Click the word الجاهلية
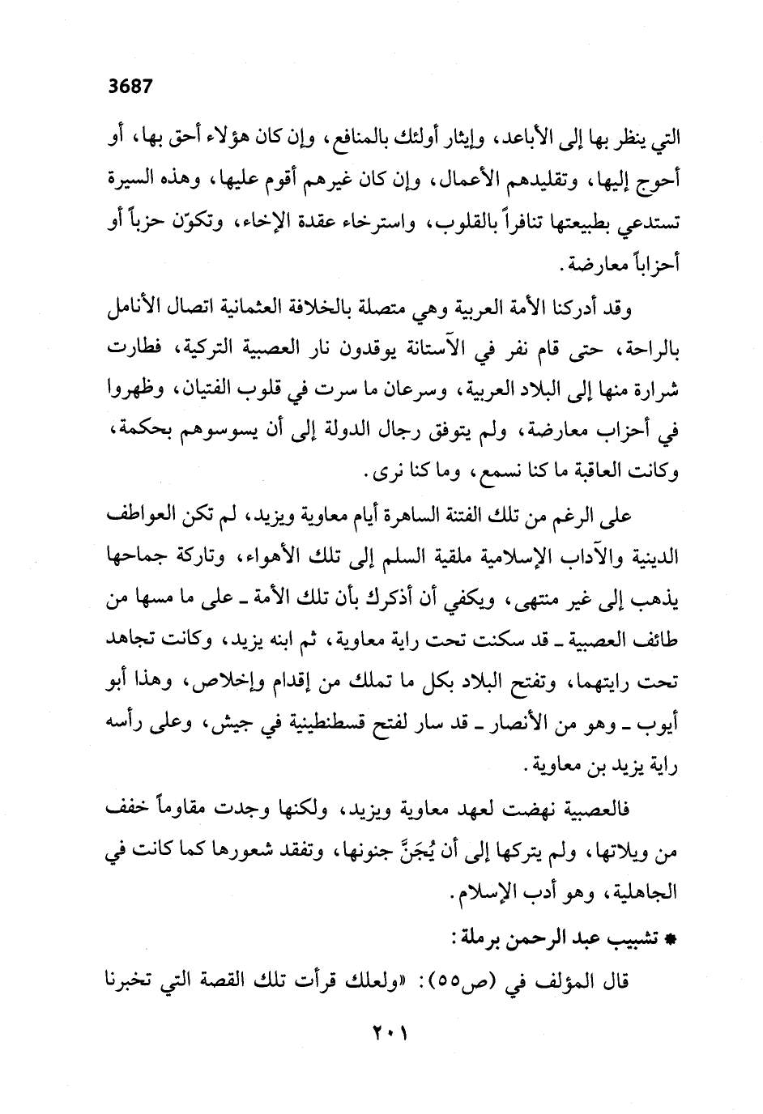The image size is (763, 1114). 637,895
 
